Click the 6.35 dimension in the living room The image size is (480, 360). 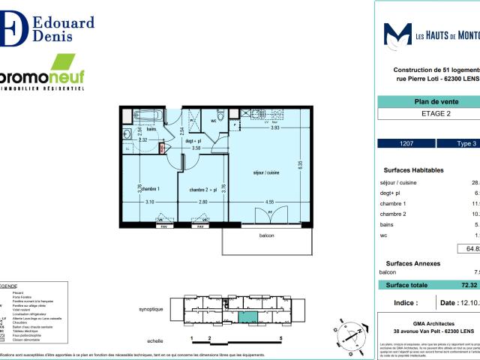click(x=298, y=165)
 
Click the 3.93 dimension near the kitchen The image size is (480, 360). click(x=274, y=127)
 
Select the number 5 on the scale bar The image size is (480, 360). click(x=280, y=338)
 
